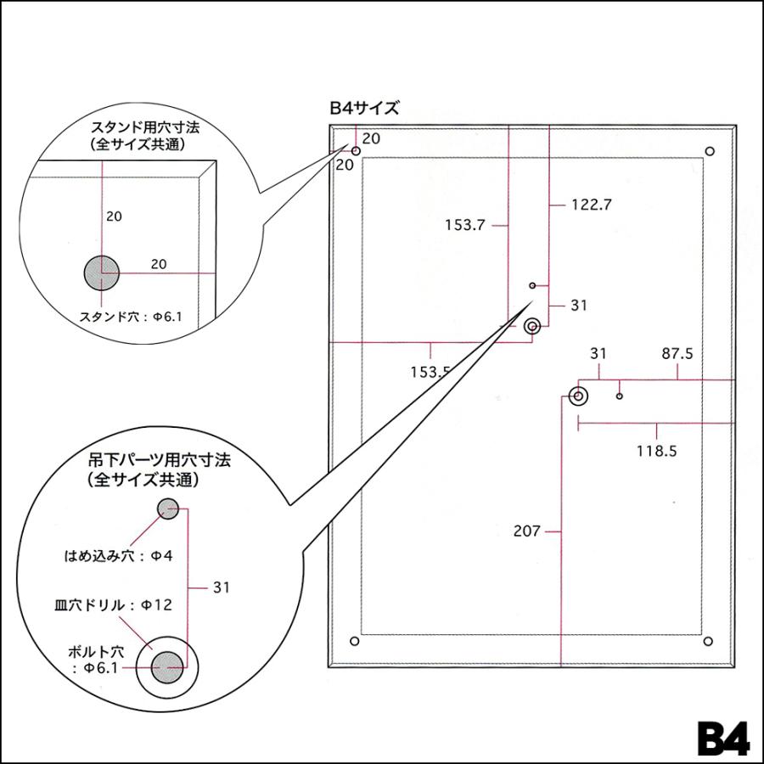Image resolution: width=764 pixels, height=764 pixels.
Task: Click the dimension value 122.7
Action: click(591, 205)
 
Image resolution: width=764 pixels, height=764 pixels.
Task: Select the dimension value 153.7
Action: click(465, 225)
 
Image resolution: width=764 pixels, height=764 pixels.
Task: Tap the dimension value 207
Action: click(526, 531)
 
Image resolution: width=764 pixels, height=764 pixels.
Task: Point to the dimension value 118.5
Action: click(657, 452)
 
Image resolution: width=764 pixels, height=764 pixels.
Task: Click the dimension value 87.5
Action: click(677, 354)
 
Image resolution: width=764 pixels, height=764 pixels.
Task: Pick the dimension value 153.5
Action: click(430, 373)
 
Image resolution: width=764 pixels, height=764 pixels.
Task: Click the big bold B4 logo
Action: click(723, 738)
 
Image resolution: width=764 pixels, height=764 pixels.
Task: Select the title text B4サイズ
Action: click(364, 108)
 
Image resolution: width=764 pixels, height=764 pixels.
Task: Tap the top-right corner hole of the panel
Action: click(710, 152)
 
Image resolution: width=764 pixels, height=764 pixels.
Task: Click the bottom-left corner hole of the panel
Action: click(355, 641)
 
